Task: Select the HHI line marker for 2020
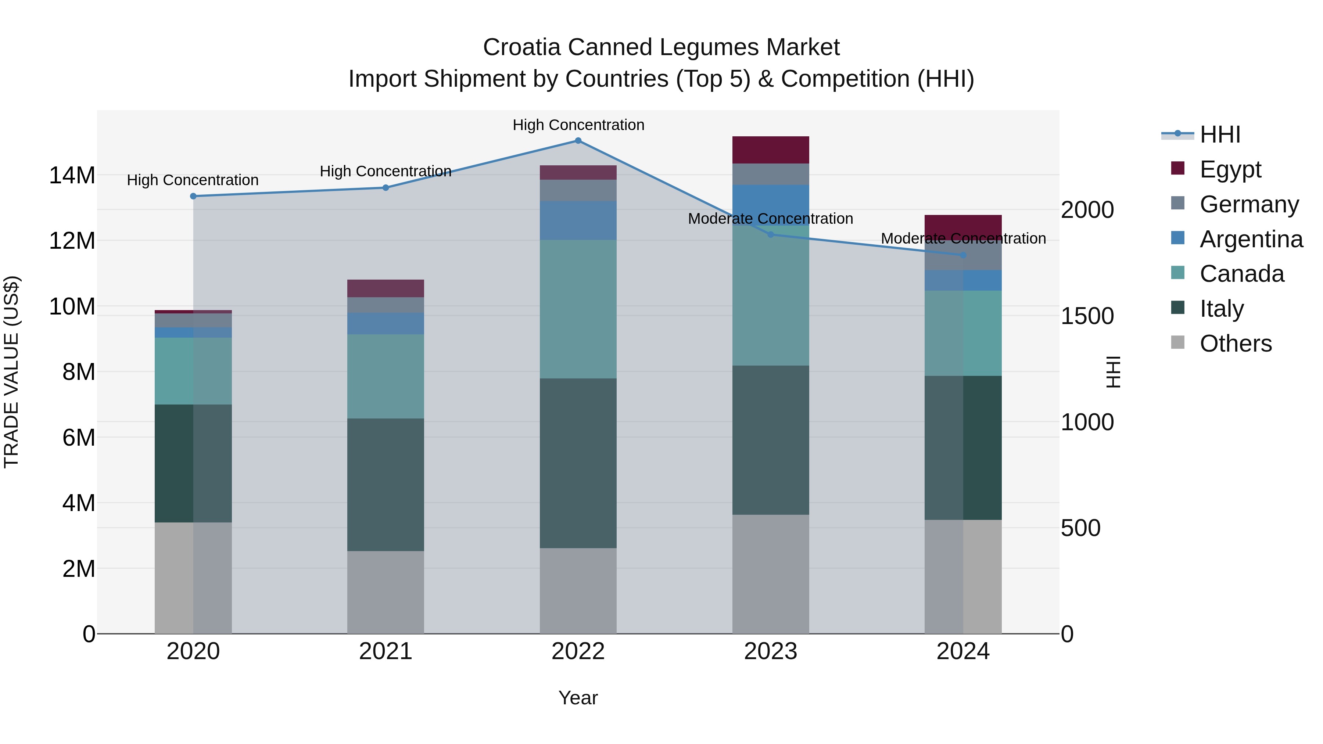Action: coord(193,196)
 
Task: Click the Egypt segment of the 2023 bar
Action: coord(770,150)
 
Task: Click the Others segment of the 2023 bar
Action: coord(770,574)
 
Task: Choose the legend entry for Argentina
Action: coord(1251,239)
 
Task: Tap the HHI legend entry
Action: coord(1219,134)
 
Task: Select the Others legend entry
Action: coord(1235,344)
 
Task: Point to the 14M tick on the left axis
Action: coord(72,176)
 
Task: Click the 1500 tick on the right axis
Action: coord(1087,316)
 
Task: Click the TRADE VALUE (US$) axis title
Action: coord(11,372)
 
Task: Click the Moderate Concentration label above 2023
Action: coord(770,219)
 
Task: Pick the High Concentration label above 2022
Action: coord(578,125)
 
